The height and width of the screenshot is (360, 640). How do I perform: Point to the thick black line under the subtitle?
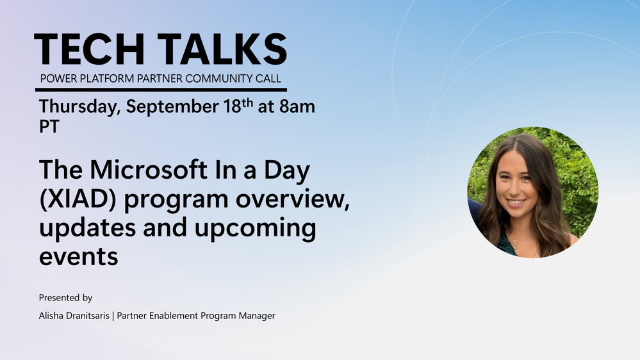pos(161,90)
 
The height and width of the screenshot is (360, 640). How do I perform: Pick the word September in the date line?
pos(172,108)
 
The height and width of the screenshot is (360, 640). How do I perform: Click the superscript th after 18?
pos(247,102)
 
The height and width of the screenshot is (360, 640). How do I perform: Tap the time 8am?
pos(297,107)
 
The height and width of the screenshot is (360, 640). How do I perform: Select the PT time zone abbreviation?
pos(49,127)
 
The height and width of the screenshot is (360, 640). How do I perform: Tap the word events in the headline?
pos(79,257)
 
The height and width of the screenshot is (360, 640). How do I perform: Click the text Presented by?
pos(66,298)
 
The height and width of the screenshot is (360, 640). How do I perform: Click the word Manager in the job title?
pos(257,316)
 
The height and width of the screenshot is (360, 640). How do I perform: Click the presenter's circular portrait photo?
pos(532,192)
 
